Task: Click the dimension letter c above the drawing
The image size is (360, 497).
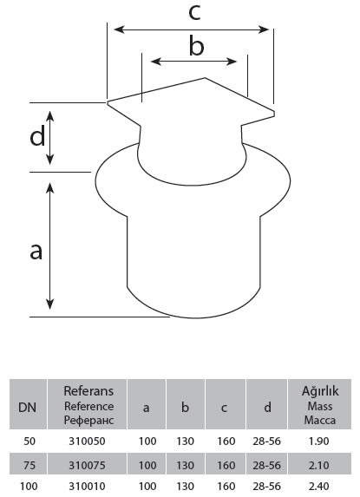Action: click(x=194, y=13)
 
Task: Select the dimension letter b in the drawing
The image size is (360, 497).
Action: click(x=196, y=46)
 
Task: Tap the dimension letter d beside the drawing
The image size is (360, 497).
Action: click(x=37, y=136)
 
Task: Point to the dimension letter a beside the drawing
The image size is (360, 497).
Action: click(x=36, y=252)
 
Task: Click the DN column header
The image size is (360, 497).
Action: click(x=27, y=408)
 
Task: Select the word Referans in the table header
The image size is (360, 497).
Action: click(x=88, y=391)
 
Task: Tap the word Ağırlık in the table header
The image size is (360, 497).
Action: click(x=320, y=391)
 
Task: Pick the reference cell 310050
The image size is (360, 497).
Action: click(x=87, y=441)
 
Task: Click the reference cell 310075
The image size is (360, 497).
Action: click(x=87, y=465)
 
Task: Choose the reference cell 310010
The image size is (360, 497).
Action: click(x=87, y=487)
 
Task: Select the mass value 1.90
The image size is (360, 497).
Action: click(x=319, y=441)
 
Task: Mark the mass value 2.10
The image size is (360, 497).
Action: click(x=319, y=465)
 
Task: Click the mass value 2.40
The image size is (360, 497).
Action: click(x=319, y=487)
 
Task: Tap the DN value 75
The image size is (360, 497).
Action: click(x=29, y=465)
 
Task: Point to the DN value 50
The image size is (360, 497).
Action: click(x=29, y=441)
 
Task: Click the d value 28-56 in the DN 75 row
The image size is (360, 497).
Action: click(x=266, y=465)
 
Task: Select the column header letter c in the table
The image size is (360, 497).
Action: click(x=224, y=409)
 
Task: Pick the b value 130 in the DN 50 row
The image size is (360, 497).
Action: click(x=186, y=441)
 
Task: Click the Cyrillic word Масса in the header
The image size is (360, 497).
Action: click(x=320, y=421)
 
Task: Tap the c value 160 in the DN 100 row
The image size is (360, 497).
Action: click(x=226, y=487)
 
